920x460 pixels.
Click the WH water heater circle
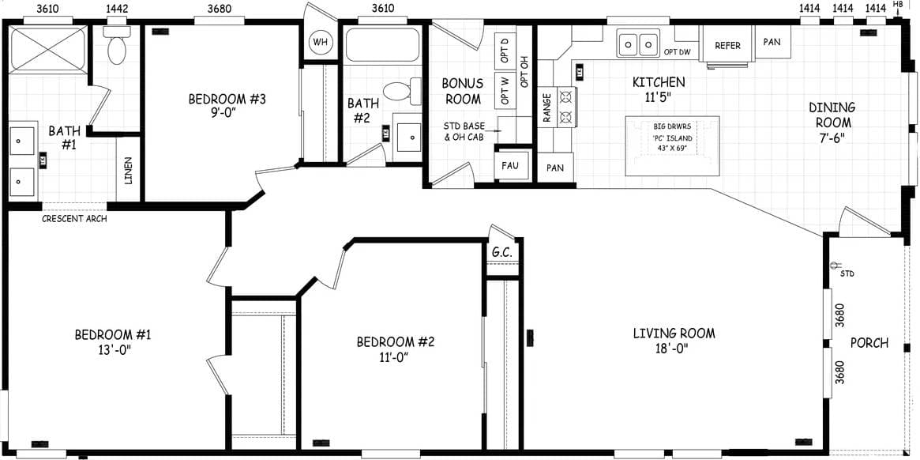(320, 42)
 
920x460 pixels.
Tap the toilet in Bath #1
(117, 48)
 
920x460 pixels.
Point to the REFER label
(727, 46)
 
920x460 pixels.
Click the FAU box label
(509, 167)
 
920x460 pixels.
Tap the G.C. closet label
(502, 252)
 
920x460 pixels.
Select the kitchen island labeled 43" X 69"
(672, 145)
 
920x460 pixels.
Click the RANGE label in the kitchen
(546, 108)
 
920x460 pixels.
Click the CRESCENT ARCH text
(74, 218)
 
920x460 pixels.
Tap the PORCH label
(869, 343)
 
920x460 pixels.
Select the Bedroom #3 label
(227, 100)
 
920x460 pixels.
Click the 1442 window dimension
(117, 8)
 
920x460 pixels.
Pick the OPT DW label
(678, 52)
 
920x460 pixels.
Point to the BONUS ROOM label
(462, 91)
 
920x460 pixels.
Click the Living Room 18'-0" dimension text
(674, 349)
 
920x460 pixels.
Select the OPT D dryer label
(503, 52)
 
